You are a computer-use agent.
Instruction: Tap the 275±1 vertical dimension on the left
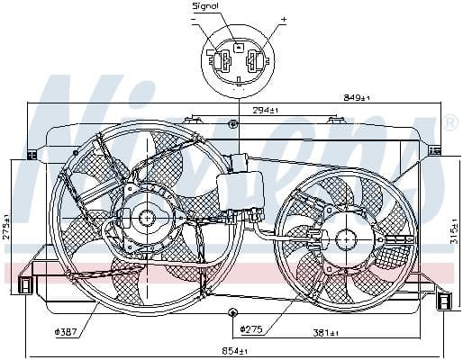click(7, 226)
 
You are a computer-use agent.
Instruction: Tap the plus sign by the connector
click(284, 18)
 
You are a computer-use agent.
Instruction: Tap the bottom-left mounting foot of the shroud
click(25, 286)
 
